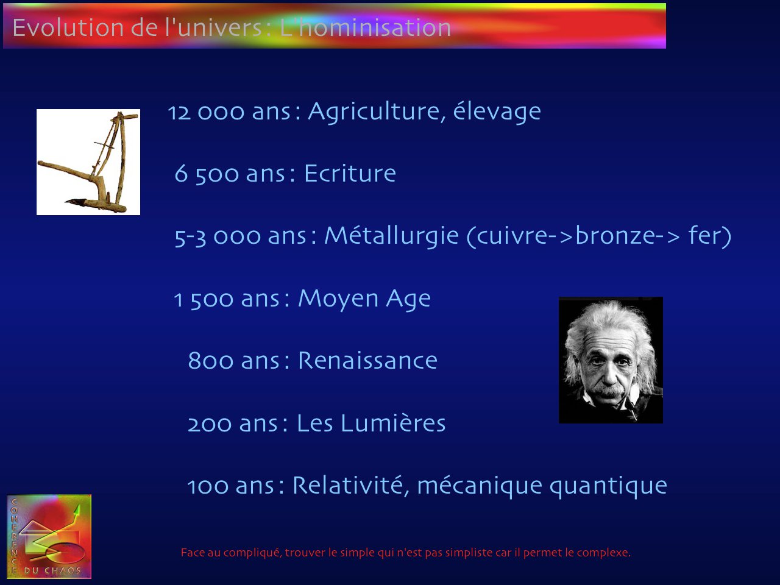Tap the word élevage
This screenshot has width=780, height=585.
click(x=497, y=113)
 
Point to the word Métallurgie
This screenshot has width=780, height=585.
click(x=392, y=236)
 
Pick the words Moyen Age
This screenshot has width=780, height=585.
click(x=364, y=299)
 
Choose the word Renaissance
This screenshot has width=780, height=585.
click(x=368, y=361)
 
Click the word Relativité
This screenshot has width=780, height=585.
click(x=348, y=485)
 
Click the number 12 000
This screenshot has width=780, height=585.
click(x=206, y=113)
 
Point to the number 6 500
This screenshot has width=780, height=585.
click(x=207, y=174)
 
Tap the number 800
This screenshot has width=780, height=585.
click(x=210, y=361)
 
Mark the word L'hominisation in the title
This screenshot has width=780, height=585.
click(x=365, y=27)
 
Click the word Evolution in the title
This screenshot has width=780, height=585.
click(x=68, y=27)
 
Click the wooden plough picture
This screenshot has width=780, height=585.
click(x=88, y=162)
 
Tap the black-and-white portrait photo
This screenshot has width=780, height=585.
click(x=611, y=360)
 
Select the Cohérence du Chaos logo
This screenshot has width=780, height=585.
click(x=49, y=536)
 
